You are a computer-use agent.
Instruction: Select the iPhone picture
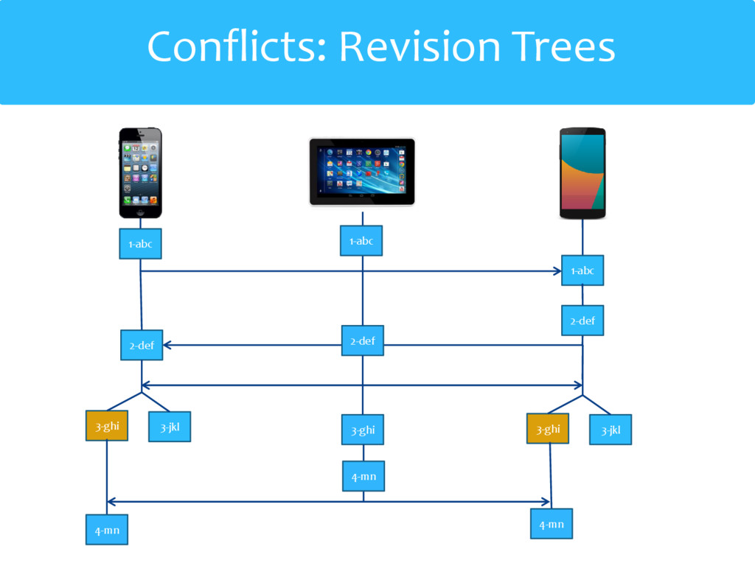tap(141, 172)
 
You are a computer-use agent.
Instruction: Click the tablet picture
tap(361, 171)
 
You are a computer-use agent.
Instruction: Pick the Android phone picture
tap(582, 172)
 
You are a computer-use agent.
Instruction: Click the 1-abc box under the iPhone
tap(140, 244)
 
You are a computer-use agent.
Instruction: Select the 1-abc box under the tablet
tap(361, 241)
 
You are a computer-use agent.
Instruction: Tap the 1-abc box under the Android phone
tap(582, 270)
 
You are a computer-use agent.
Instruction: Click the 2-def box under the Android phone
tap(582, 321)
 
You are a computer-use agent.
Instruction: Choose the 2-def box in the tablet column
tap(362, 340)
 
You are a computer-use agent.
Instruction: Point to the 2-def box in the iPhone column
tap(142, 345)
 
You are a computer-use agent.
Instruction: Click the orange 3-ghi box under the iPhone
tap(107, 426)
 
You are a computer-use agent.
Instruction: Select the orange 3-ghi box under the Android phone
tap(548, 429)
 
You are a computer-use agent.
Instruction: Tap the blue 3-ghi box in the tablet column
tap(362, 430)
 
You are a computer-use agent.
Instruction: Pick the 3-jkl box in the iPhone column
tap(170, 427)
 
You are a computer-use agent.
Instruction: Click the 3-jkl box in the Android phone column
tap(610, 430)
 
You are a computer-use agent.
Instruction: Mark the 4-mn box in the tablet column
tap(363, 476)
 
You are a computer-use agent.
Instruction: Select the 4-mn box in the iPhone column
tap(107, 529)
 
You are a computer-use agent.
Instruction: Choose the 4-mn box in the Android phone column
tap(552, 524)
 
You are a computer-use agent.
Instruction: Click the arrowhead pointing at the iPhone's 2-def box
tap(167, 345)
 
